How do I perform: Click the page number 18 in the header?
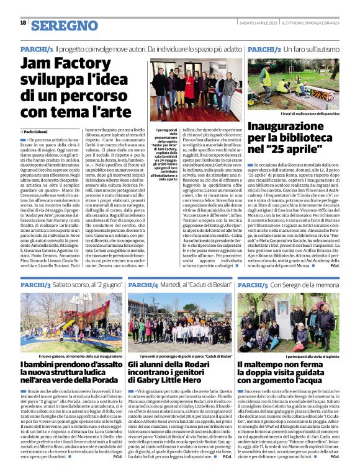23,23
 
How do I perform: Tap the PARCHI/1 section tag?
36,48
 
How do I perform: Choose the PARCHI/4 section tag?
144,284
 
